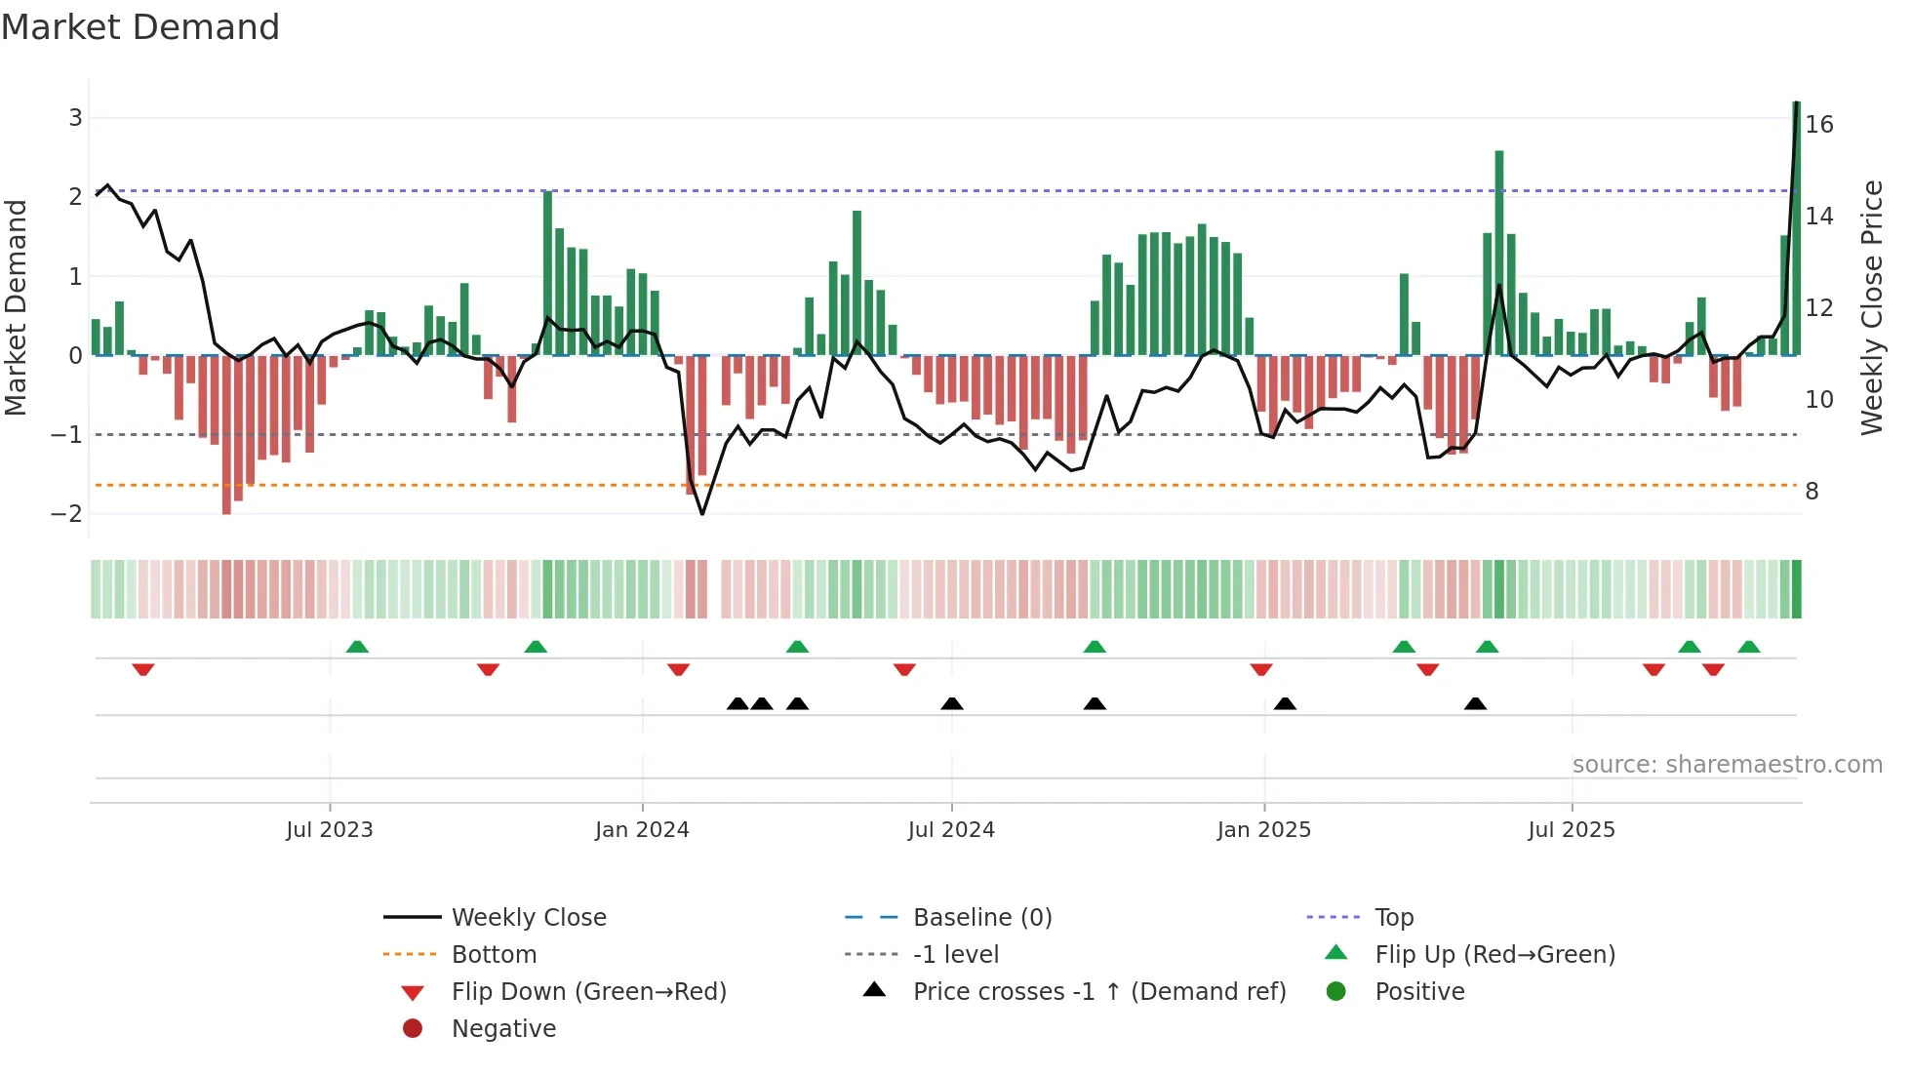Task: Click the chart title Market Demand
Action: click(x=140, y=27)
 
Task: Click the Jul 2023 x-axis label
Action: click(x=330, y=830)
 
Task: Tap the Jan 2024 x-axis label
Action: click(x=642, y=830)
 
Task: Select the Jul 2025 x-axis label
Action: click(x=1572, y=830)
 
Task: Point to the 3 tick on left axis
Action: click(x=75, y=118)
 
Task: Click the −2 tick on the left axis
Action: click(x=67, y=514)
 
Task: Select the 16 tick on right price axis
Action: click(x=1819, y=125)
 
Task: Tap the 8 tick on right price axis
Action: click(x=1812, y=492)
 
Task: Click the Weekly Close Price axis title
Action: click(x=1872, y=307)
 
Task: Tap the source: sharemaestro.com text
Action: click(x=1727, y=765)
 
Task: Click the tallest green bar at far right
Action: click(x=1796, y=229)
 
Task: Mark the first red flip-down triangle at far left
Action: click(x=143, y=669)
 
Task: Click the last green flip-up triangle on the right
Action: click(x=1749, y=647)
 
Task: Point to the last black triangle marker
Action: click(x=1475, y=703)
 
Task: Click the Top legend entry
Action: click(x=1393, y=918)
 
